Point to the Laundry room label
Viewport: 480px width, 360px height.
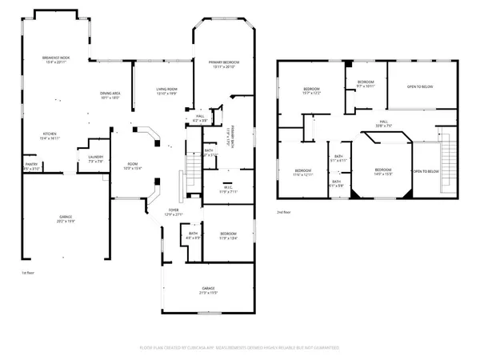point(97,159)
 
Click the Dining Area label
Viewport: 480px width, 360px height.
point(110,94)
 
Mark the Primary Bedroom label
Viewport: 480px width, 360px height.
point(225,65)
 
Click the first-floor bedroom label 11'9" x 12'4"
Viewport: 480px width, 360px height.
point(228,236)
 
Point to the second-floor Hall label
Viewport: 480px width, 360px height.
point(383,123)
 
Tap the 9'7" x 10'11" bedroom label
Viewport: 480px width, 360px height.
point(366,83)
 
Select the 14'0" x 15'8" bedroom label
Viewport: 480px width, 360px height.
point(383,171)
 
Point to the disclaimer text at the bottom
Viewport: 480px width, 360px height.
point(240,350)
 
